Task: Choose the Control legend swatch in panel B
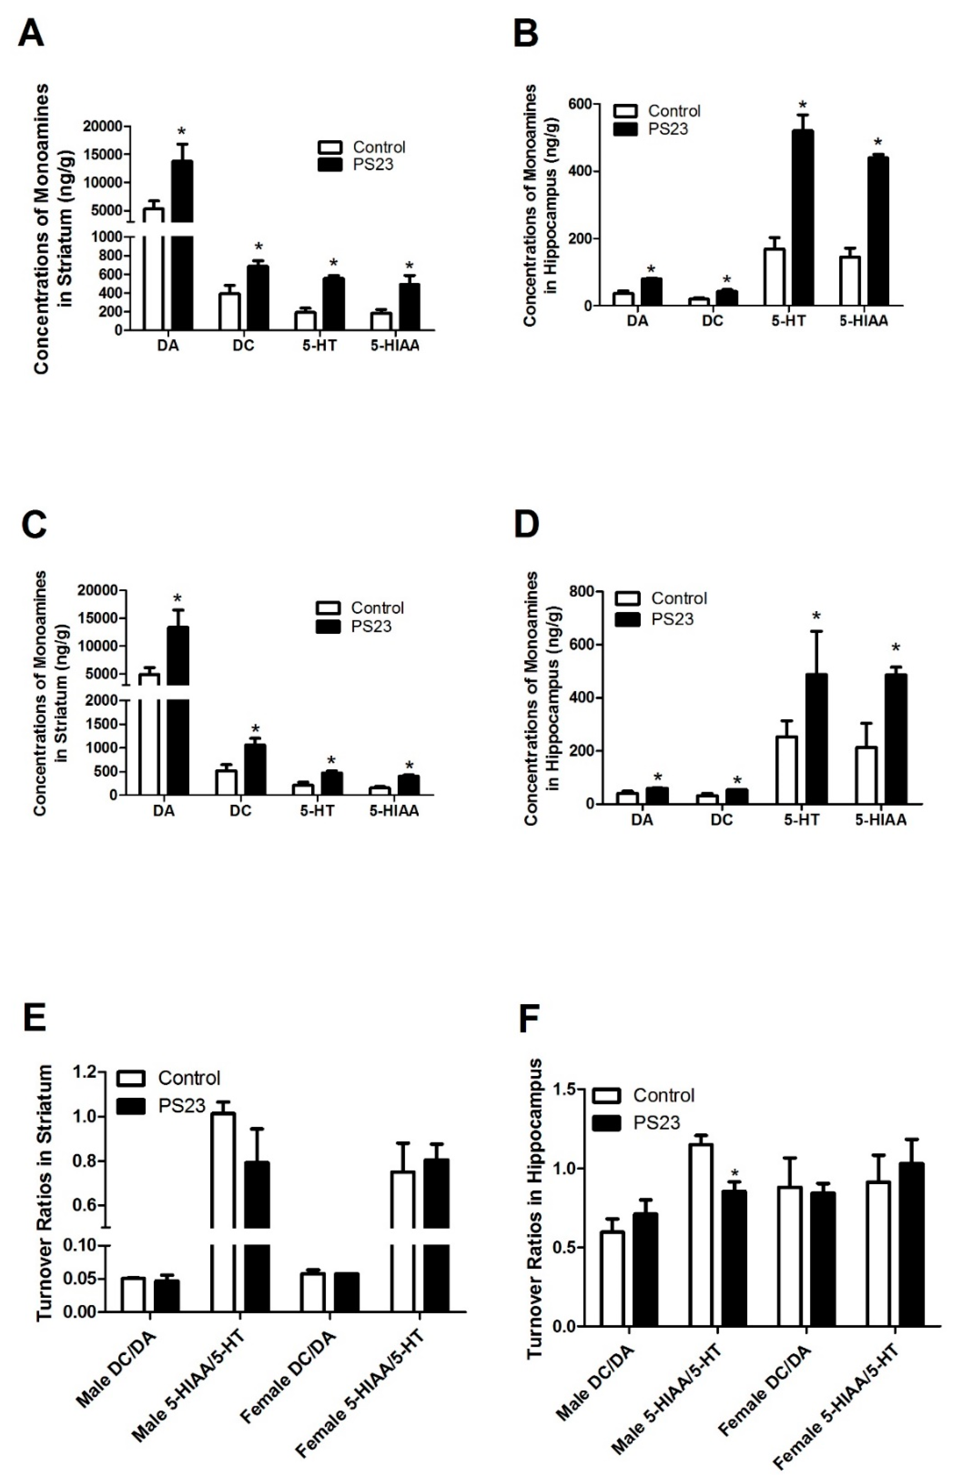(x=625, y=111)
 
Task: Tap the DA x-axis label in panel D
(x=642, y=820)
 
